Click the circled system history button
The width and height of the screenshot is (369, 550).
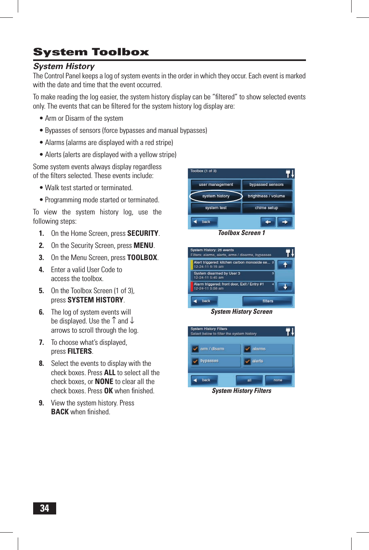[216, 196]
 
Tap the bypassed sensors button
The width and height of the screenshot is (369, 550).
[266, 185]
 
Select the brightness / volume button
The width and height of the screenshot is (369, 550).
[266, 196]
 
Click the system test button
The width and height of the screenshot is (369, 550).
[216, 208]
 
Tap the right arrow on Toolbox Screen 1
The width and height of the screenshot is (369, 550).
[285, 222]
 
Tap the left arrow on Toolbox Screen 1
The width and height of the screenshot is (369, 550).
[268, 222]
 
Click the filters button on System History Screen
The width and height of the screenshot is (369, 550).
[268, 301]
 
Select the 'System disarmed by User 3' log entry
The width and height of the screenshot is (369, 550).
[232, 275]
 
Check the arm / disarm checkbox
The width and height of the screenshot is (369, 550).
[195, 349]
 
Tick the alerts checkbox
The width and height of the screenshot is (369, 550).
[247, 361]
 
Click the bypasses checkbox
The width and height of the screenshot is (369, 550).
[195, 361]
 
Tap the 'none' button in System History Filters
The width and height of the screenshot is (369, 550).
[278, 380]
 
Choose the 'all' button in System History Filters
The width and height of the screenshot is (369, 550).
[249, 380]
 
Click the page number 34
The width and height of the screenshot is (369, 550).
[44, 508]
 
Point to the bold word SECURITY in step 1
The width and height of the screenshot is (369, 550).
[143, 233]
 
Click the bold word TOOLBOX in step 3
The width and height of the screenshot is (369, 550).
[142, 258]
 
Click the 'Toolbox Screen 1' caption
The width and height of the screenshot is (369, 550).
[241, 233]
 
